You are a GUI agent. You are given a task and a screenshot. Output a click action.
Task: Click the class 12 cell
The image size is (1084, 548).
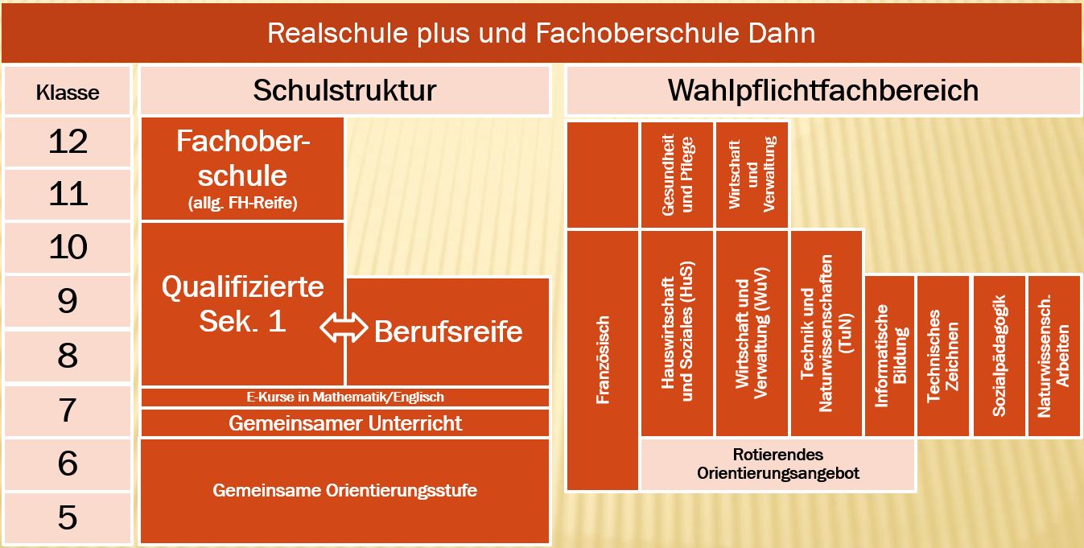tap(68, 142)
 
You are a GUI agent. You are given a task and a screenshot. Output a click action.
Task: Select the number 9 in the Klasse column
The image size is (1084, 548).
tap(68, 302)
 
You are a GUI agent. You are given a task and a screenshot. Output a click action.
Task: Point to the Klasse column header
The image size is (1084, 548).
tap(68, 92)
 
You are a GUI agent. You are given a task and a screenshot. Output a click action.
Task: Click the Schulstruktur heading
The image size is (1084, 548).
tap(344, 90)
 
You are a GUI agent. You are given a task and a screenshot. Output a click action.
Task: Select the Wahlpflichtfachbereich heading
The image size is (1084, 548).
tap(822, 90)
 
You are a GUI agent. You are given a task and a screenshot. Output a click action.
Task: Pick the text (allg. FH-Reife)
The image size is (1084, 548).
tap(242, 203)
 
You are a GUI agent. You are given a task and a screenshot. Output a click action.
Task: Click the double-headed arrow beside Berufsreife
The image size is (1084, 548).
tap(344, 328)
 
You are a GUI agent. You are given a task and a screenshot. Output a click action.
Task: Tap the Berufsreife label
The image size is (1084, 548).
tap(448, 331)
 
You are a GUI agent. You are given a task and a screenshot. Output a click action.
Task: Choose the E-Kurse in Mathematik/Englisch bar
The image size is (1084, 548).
tap(344, 397)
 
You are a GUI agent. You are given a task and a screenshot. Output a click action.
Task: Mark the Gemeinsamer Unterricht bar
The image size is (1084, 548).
tap(344, 422)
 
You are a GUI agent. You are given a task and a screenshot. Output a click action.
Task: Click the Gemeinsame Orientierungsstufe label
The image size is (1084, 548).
tap(344, 489)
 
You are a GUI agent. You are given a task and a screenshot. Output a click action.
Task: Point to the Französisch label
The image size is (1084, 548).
tap(603, 359)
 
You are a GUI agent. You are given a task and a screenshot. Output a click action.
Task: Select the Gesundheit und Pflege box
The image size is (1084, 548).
tap(676, 175)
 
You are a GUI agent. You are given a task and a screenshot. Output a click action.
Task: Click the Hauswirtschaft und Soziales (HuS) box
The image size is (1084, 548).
tap(676, 332)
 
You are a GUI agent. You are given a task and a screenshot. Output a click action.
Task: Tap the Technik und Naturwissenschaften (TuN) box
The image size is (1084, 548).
tap(826, 332)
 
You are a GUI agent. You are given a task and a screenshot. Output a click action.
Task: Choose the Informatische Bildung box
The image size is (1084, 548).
tap(890, 355)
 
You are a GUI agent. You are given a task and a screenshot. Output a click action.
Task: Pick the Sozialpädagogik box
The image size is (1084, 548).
tap(999, 355)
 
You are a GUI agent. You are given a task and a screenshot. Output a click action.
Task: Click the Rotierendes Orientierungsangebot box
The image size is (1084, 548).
tap(777, 464)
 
